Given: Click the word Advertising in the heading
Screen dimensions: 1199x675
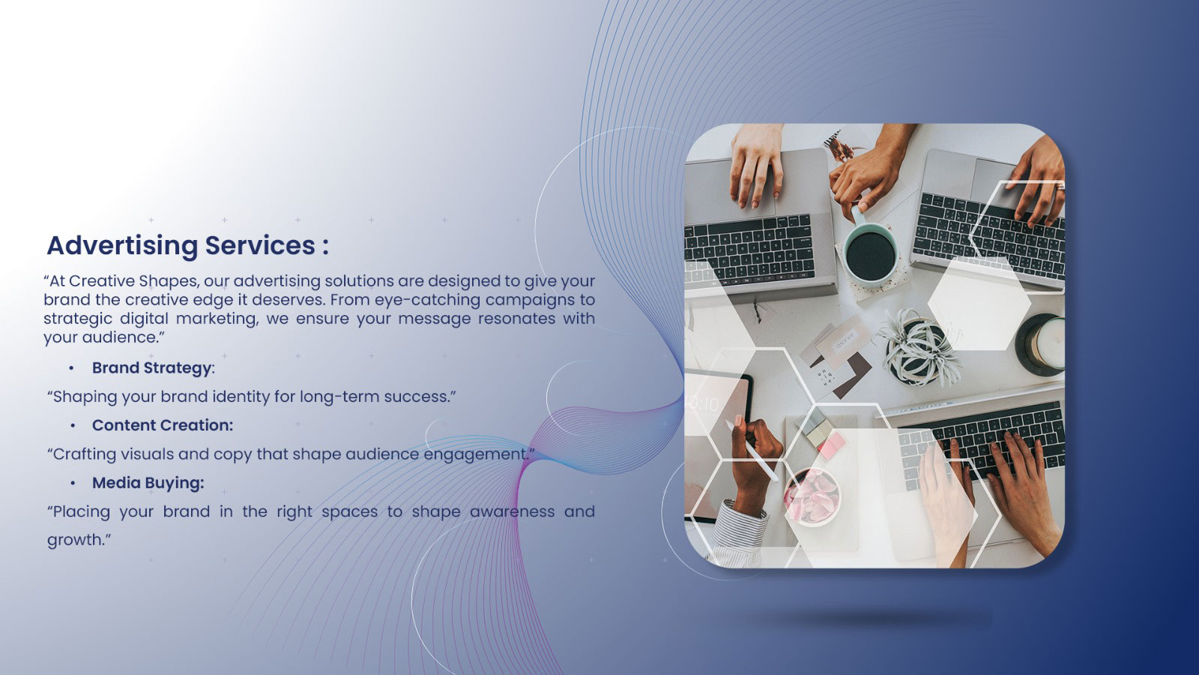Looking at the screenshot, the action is pos(123,246).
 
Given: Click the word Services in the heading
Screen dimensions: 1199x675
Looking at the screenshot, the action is pos(261,245).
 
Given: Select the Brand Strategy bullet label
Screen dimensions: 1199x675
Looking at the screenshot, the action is pos(152,368).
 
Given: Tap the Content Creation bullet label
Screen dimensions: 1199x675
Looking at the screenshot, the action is pos(162,425).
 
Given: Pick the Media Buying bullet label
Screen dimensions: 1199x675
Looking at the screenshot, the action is pos(148,483).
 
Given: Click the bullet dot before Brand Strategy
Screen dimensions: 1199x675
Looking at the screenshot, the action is pos(71,368).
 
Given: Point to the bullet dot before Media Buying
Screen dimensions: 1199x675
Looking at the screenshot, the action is pos(72,483).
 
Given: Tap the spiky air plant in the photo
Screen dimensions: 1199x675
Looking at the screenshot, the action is pos(919,348).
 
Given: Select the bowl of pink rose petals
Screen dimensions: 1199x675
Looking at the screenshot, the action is pos(812,496).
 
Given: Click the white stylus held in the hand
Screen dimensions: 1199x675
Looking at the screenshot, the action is pos(752,450).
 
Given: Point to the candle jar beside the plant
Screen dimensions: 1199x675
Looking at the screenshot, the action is pos(1039,344).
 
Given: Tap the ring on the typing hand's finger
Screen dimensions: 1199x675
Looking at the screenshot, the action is pos(1059,187).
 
